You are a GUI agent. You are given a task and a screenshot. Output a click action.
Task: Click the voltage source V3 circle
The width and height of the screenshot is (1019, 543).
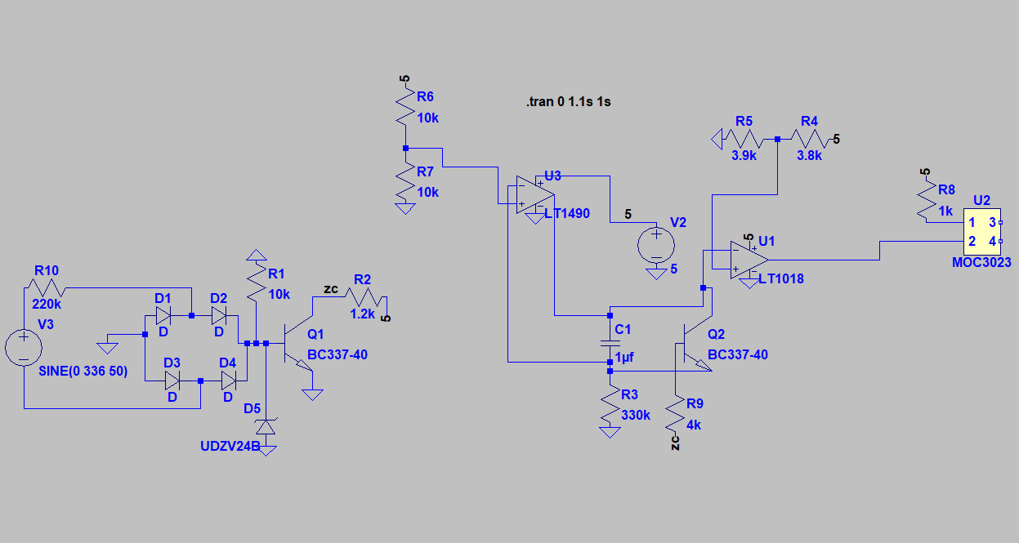25,348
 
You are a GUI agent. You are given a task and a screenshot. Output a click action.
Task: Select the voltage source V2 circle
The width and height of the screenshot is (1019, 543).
656,243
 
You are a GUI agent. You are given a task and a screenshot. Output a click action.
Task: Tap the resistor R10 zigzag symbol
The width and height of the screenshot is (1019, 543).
47,288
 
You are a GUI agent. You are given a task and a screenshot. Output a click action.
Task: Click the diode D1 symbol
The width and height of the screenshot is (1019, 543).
163,315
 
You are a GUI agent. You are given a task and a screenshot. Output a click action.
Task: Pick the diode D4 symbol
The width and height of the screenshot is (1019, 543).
228,381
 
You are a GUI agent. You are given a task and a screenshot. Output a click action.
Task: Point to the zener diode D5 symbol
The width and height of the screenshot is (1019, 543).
266,426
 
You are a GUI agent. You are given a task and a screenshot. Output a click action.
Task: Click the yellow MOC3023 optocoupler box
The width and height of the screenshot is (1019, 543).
981,232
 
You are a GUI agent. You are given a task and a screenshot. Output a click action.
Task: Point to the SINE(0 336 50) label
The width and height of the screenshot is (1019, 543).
83,371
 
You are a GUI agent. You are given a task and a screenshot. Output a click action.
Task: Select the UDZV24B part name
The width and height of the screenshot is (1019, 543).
230,447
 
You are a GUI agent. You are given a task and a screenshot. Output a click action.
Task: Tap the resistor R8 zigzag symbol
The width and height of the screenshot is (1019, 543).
925,200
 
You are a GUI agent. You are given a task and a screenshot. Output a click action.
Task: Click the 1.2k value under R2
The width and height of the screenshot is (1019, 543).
363,313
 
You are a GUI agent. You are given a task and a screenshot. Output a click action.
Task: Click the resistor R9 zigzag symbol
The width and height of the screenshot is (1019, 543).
675,415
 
